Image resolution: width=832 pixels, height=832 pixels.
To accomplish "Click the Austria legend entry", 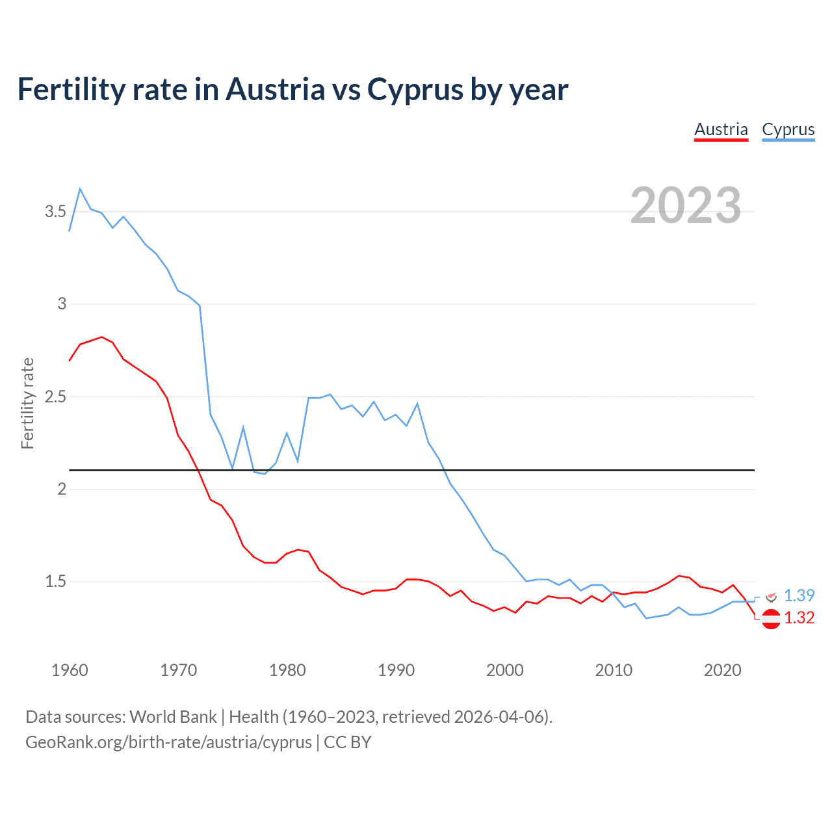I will tap(721, 129).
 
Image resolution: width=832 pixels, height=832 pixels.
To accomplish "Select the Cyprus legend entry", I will tap(788, 129).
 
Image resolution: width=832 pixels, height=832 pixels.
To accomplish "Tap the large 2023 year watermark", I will tap(685, 205).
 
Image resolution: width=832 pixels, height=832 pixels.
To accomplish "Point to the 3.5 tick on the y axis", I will tap(55, 211).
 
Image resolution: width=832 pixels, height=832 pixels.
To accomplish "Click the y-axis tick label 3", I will tap(62, 304).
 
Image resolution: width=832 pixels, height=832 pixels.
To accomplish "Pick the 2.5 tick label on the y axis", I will tap(55, 396).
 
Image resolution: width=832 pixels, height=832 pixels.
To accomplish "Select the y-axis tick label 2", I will tap(62, 489).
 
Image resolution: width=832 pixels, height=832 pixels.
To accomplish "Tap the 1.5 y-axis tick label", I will tap(55, 581).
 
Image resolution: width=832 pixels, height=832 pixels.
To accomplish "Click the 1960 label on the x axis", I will tap(70, 670).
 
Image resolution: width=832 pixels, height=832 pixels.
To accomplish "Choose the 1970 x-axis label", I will tap(178, 670).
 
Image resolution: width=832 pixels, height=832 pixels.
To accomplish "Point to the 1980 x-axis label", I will tap(287, 670).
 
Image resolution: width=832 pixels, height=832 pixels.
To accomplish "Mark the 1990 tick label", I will tap(396, 670).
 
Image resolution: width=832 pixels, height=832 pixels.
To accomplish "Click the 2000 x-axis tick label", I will tap(504, 670).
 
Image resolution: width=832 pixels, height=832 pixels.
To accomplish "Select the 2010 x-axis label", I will tap(614, 670).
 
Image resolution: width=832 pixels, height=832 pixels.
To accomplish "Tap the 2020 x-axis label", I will tap(722, 670).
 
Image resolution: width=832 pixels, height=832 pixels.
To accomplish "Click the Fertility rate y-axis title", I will tap(27, 403).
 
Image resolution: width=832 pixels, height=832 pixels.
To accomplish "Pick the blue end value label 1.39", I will tap(799, 595).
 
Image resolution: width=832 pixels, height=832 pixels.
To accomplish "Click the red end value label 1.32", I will tap(799, 617).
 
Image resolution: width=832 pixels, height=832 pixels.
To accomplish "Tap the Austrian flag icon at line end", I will tap(771, 619).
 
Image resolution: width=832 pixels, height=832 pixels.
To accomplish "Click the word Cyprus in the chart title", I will tap(415, 90).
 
